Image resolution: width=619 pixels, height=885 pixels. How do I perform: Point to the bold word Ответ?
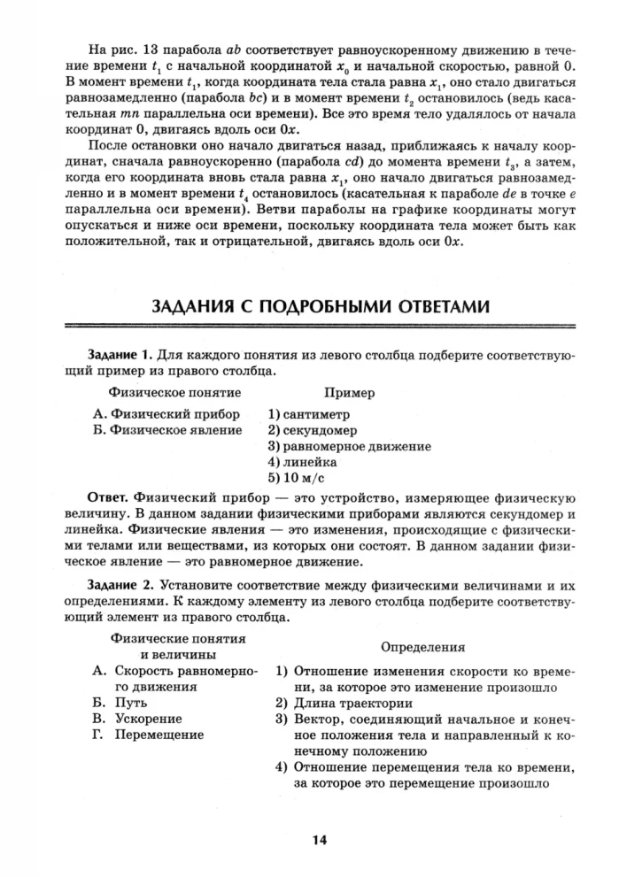pos(109,495)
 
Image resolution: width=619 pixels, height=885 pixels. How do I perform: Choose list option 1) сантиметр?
pos(308,413)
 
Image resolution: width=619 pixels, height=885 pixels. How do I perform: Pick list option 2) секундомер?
pos(313,429)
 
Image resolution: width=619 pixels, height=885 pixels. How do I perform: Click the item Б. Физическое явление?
pos(167,429)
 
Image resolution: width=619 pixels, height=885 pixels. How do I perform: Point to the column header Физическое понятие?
pos(174,392)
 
